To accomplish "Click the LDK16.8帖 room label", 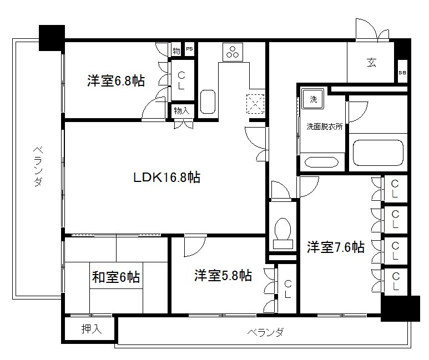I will pyautogui.click(x=166, y=178).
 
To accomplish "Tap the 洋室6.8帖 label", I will pyautogui.click(x=116, y=81).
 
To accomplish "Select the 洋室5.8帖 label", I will pyautogui.click(x=223, y=275).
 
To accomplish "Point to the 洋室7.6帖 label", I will pyautogui.click(x=336, y=247).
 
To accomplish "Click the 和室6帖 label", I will pyautogui.click(x=115, y=277).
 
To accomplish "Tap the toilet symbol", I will pyautogui.click(x=284, y=233).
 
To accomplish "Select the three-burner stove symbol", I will pyautogui.click(x=231, y=52).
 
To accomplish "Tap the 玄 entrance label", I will pyautogui.click(x=371, y=62).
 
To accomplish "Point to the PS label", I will pyautogui.click(x=189, y=50).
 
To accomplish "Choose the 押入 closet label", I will pyautogui.click(x=92, y=329).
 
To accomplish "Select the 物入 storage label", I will pyautogui.click(x=181, y=111).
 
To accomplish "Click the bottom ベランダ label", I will pyautogui.click(x=265, y=332).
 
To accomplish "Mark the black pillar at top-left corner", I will pyautogui.click(x=52, y=38).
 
